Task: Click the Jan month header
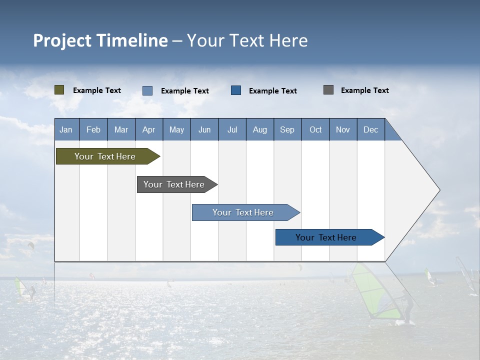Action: click(66, 129)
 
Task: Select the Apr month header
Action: click(148, 129)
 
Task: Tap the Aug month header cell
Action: click(259, 129)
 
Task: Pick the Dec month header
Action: click(370, 129)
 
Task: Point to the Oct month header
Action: click(315, 129)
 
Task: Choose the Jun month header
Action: click(204, 129)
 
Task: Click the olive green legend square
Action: click(59, 90)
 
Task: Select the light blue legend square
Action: click(147, 90)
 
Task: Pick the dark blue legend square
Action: click(236, 90)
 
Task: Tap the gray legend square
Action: click(328, 90)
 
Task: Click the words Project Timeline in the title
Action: click(100, 40)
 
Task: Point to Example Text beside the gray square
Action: click(364, 90)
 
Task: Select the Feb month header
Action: click(93, 129)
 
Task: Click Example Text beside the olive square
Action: click(97, 90)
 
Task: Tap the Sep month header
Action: click(287, 129)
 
